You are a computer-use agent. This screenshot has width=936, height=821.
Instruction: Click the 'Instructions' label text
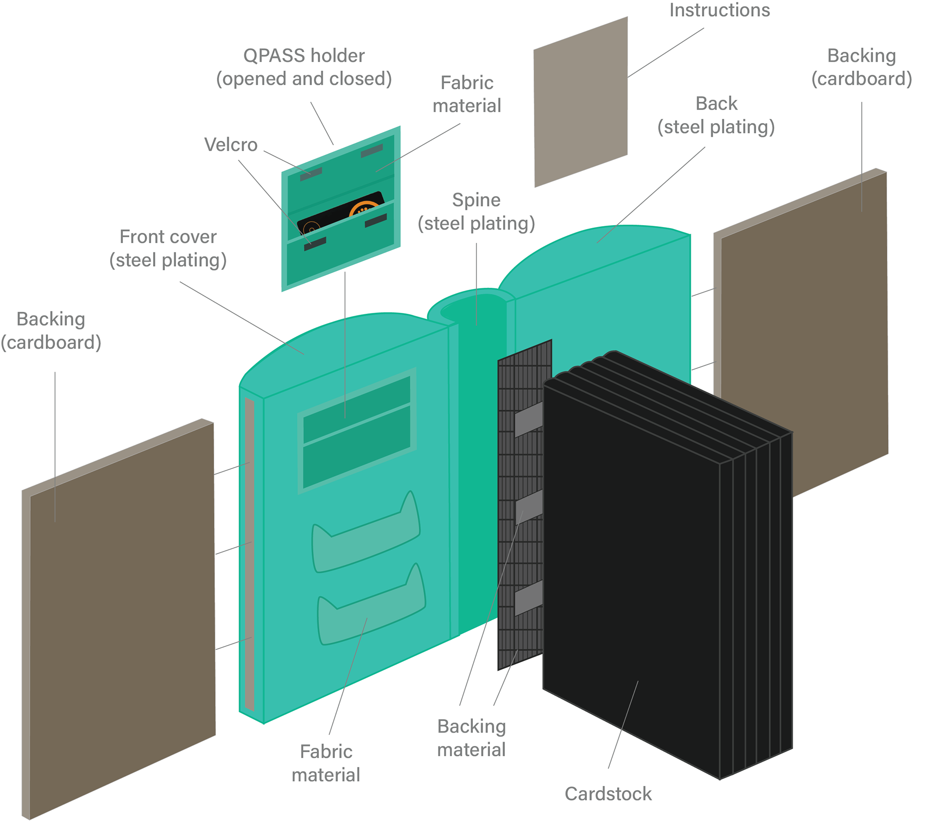[x=720, y=11]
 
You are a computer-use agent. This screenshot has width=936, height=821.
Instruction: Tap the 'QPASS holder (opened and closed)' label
[x=304, y=67]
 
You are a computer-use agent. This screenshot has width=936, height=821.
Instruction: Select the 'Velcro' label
[x=231, y=145]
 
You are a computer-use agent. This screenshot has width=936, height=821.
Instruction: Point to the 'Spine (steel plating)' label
[x=476, y=211]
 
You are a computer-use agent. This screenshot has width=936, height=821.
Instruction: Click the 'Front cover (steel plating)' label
[x=168, y=248]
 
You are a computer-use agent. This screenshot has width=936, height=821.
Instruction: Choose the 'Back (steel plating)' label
[x=716, y=115]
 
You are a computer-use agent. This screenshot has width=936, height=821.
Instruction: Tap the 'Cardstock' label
[x=608, y=794]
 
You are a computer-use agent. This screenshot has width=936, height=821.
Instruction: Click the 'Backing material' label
[x=471, y=738]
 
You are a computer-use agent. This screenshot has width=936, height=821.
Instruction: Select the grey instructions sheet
[x=581, y=102]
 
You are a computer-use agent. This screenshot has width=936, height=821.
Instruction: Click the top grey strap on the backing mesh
[x=528, y=419]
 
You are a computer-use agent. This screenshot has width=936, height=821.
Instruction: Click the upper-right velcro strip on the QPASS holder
[x=371, y=152]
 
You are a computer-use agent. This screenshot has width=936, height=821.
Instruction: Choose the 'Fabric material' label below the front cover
[x=326, y=763]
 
